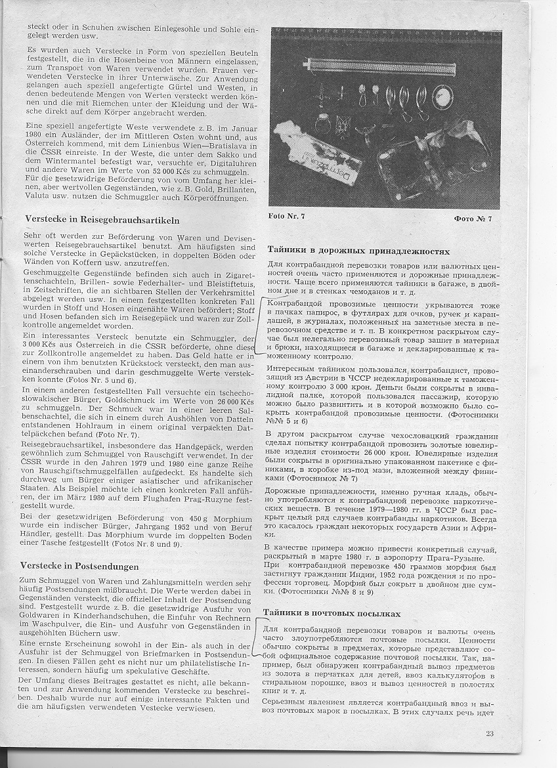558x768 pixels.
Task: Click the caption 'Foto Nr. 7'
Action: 287,216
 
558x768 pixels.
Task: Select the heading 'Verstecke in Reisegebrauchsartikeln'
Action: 102,220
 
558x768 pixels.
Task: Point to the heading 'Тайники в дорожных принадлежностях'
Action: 358,251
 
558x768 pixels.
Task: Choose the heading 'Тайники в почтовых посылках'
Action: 332,612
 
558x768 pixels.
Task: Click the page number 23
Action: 490,733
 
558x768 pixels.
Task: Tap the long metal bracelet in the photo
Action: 379,66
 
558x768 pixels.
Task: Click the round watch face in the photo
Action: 442,97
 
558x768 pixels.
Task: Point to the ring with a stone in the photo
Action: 322,121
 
